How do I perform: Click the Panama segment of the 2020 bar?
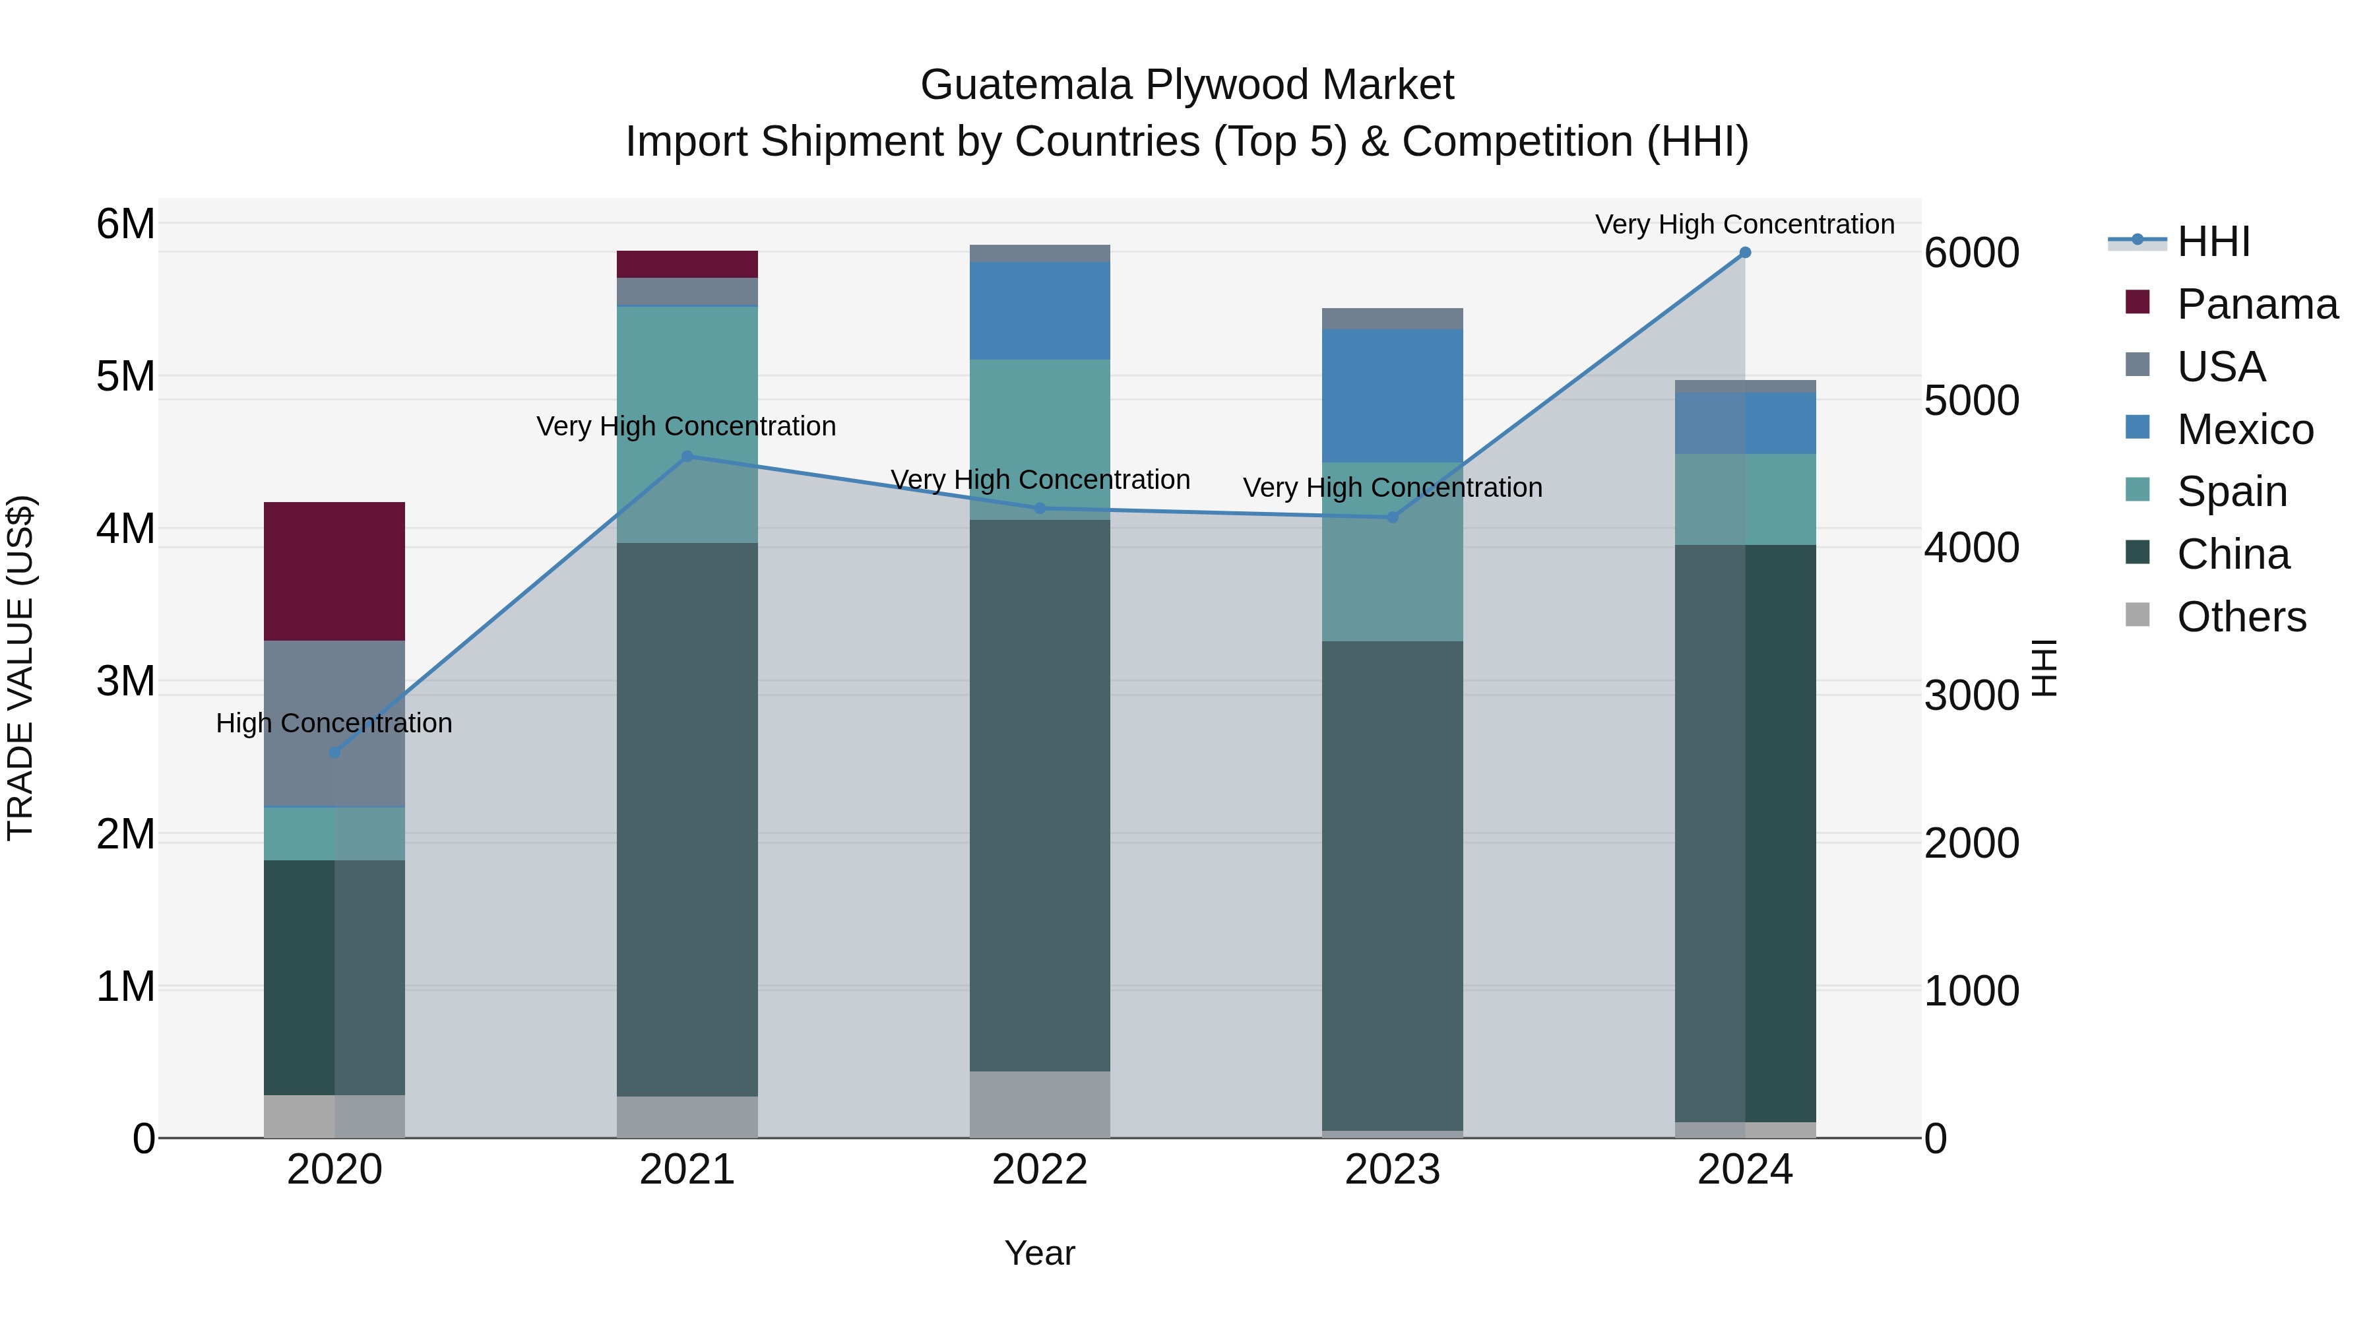(x=334, y=571)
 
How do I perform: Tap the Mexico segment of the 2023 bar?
(x=1392, y=396)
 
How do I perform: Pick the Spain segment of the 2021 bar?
(x=687, y=424)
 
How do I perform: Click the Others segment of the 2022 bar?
(x=1039, y=1104)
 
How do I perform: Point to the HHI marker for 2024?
(x=1744, y=253)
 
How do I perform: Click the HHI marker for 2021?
(x=687, y=457)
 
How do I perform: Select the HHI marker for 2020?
(x=334, y=752)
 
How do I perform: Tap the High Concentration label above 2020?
(x=334, y=723)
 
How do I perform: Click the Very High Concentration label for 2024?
(x=1744, y=224)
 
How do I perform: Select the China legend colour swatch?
(x=2137, y=552)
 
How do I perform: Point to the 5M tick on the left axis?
(x=125, y=376)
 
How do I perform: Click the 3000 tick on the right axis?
(x=1971, y=695)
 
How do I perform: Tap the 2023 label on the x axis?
(x=1392, y=1170)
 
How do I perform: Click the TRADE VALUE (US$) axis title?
(x=20, y=668)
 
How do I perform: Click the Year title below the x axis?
(x=1039, y=1253)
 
